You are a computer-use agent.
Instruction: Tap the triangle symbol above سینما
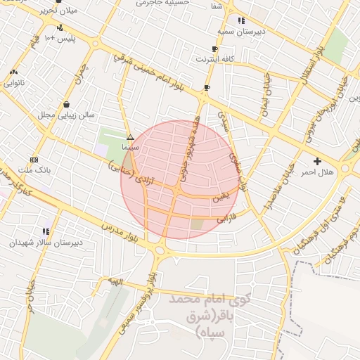[130, 137]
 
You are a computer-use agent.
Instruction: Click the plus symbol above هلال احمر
[318, 161]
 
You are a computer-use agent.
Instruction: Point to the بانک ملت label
[34, 170]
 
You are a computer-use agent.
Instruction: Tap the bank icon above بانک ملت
[34, 160]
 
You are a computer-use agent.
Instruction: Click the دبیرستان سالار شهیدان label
[45, 241]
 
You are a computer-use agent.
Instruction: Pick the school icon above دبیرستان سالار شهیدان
[46, 231]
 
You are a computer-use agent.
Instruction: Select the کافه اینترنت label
[214, 59]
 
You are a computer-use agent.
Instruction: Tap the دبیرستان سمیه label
[240, 32]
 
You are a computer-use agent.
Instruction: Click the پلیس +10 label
[64, 39]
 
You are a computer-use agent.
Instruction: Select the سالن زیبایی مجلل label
[65, 114]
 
